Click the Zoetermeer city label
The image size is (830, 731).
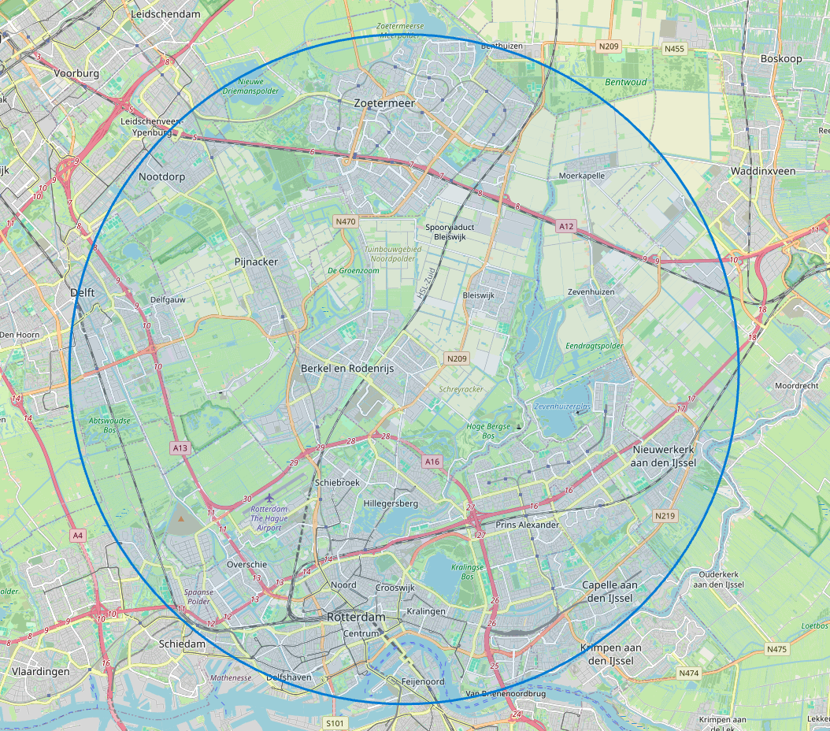pos(384,103)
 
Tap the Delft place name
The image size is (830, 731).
pos(82,292)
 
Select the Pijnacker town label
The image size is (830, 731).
pos(257,262)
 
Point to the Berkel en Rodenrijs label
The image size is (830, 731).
pos(346,368)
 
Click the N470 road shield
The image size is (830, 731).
pos(346,222)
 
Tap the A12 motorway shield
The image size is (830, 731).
pos(565,227)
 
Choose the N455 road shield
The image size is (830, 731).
pos(674,49)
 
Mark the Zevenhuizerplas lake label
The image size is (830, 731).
pos(561,406)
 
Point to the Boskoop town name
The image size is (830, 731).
pos(780,59)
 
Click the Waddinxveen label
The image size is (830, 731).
pos(763,171)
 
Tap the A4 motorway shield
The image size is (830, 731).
pos(76,536)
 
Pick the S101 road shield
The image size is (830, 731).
pos(335,722)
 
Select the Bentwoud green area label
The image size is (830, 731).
pos(625,82)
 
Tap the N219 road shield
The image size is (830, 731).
pos(665,515)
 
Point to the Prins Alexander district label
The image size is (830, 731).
pos(527,525)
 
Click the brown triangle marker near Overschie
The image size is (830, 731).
pos(182,519)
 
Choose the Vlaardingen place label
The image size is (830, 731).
pos(40,672)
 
